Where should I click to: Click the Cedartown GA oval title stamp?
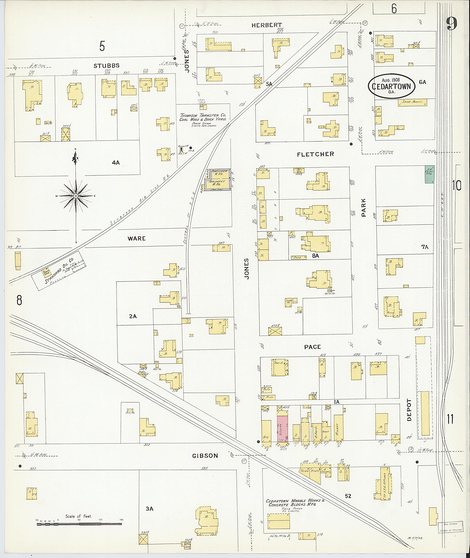[392, 86]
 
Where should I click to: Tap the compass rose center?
[76, 196]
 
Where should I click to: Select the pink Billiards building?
[283, 429]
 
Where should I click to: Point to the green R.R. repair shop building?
[429, 174]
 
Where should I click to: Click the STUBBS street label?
[106, 66]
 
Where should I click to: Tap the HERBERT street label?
[266, 25]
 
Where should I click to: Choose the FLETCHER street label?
[316, 154]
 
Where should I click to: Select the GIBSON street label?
[205, 456]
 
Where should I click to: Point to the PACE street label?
[313, 347]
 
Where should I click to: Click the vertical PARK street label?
[364, 207]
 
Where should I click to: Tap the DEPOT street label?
[409, 410]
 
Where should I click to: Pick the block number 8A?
[316, 255]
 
